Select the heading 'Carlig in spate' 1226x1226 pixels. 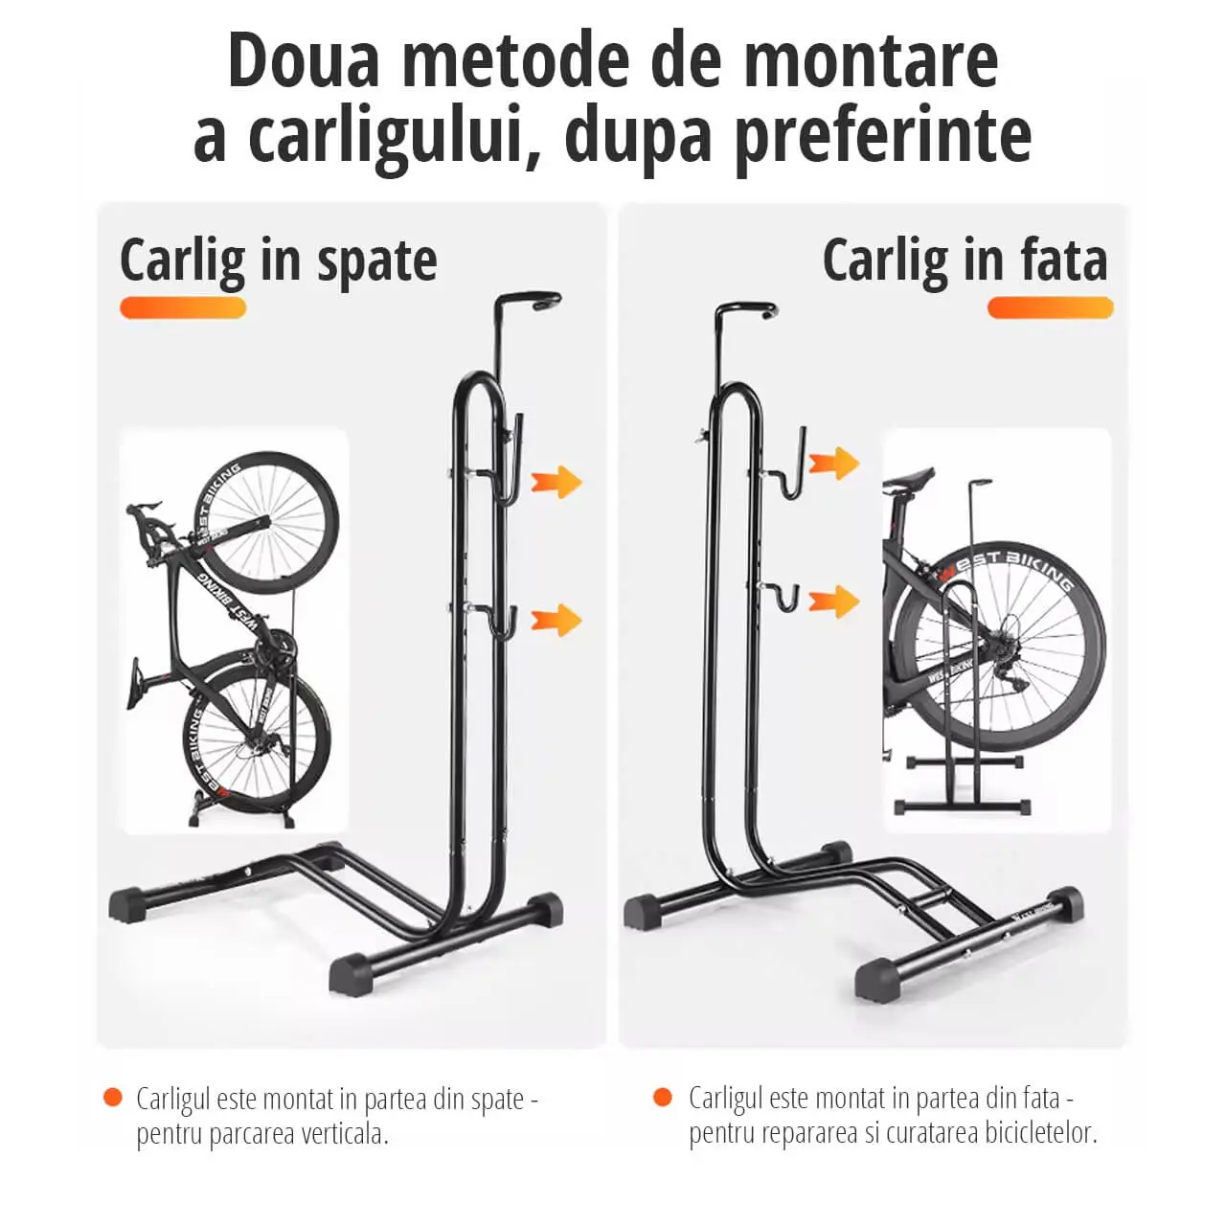coord(278,261)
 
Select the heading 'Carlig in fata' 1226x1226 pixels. coord(965,260)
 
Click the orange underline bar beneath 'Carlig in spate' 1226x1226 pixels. coord(183,307)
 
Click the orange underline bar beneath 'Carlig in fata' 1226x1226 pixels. coord(1050,307)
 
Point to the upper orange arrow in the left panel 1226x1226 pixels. coord(556,482)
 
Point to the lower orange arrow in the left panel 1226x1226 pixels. coord(556,620)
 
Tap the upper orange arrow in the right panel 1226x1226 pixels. coord(834,464)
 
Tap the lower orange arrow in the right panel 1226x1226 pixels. coord(834,602)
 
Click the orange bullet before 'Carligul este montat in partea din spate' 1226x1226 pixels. coord(113,1098)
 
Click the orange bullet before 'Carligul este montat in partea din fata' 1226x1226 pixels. coord(662,1098)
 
